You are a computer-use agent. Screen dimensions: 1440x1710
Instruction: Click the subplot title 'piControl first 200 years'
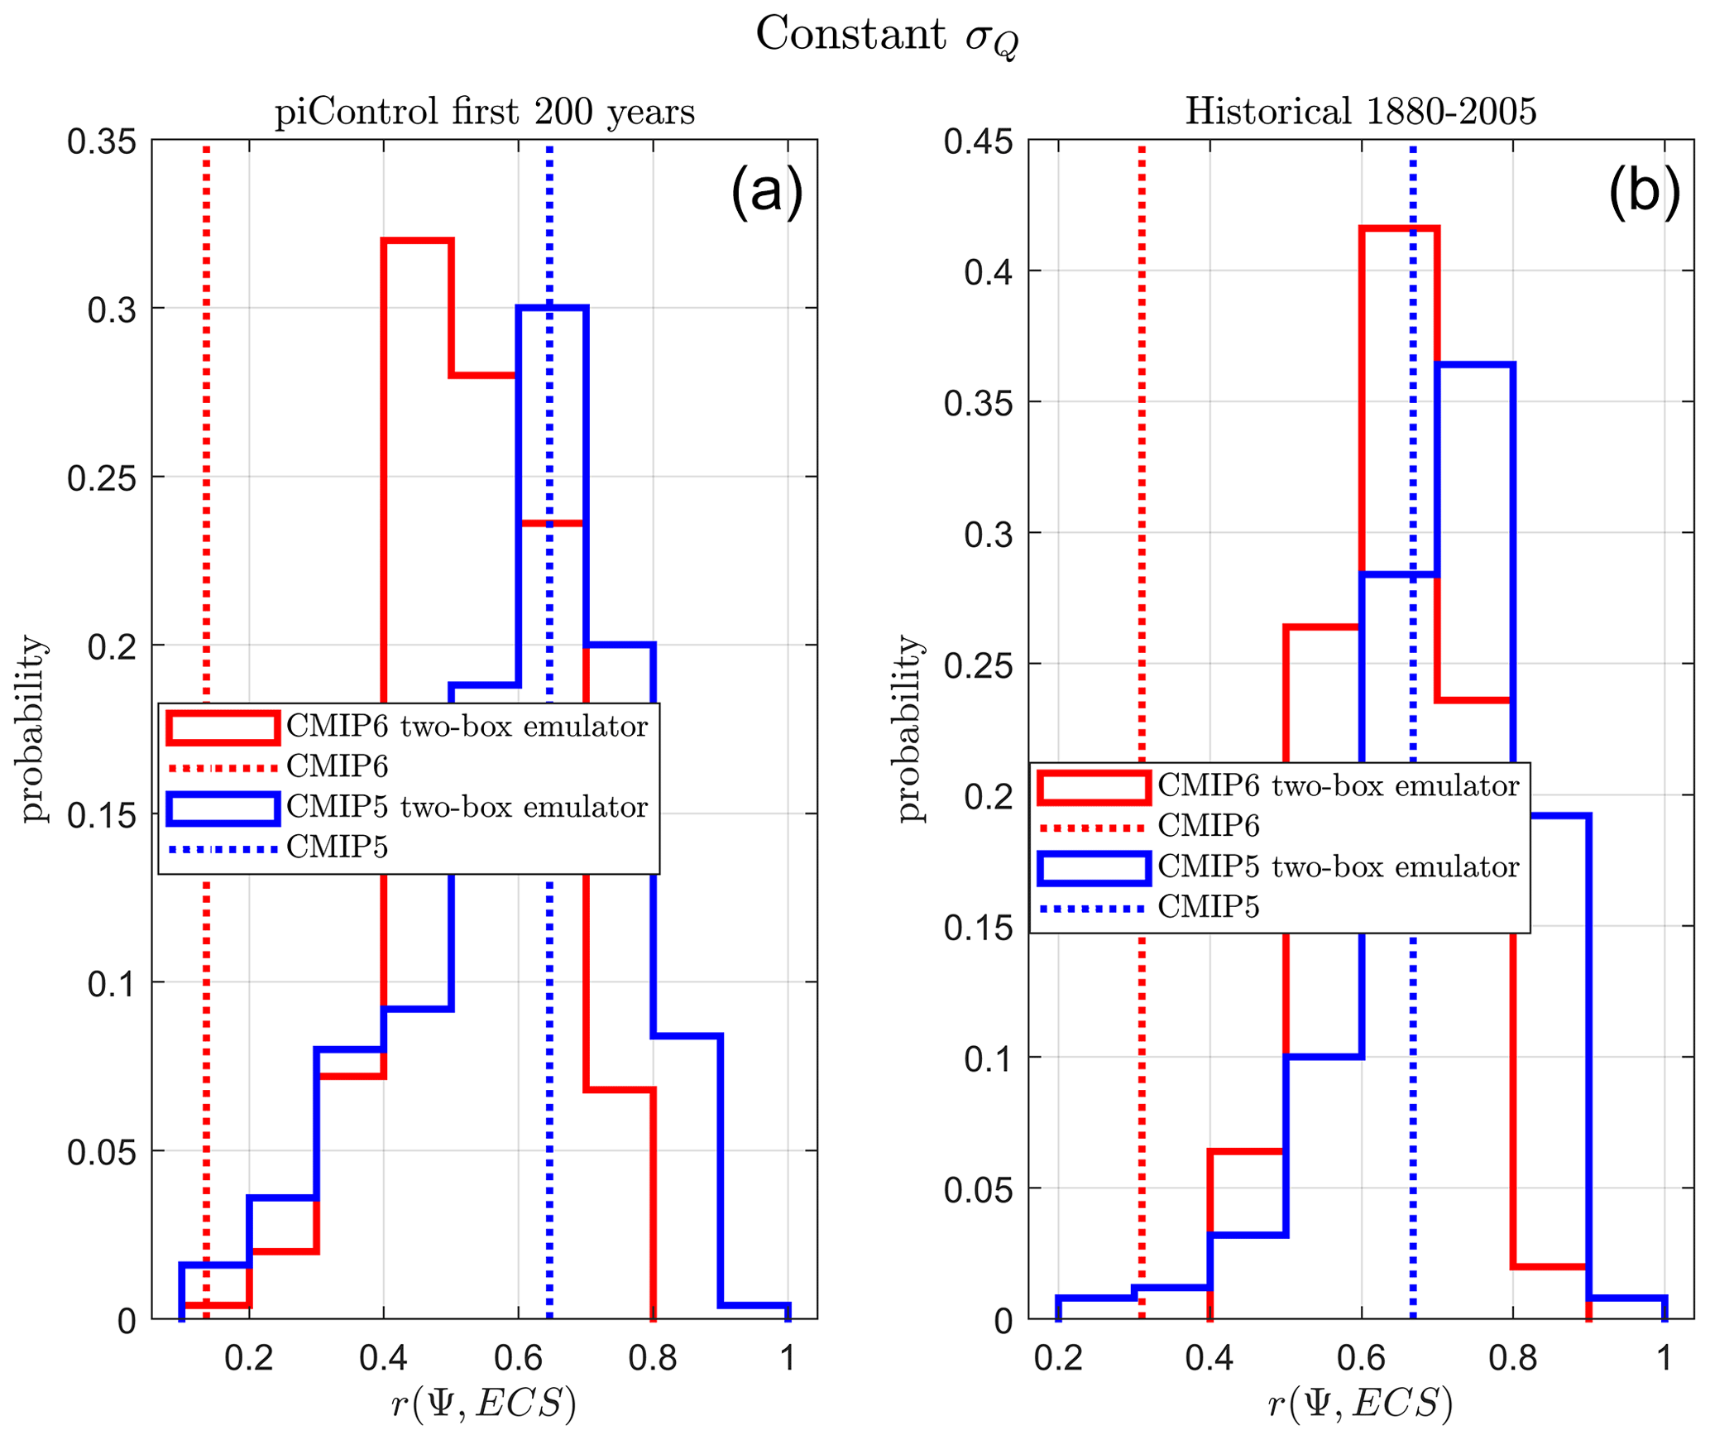tap(485, 112)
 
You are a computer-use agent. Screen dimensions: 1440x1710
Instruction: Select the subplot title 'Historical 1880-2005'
tap(1361, 112)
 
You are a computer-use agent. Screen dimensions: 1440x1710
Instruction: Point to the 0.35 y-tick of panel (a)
tap(102, 142)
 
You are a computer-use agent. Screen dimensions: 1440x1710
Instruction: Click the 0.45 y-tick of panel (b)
tap(979, 142)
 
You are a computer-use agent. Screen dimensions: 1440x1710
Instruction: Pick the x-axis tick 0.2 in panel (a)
tap(249, 1358)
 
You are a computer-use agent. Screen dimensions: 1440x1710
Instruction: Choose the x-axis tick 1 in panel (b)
tap(1664, 1358)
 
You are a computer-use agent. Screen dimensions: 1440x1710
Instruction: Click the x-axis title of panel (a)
tap(484, 1404)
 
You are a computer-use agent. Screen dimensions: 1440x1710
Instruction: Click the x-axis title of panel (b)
tap(1360, 1404)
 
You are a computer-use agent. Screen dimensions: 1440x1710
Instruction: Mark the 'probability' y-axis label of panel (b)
tap(909, 728)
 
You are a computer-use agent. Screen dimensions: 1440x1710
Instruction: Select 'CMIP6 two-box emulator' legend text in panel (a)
tap(467, 727)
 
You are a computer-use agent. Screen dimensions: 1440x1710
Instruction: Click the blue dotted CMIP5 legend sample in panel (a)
tap(223, 849)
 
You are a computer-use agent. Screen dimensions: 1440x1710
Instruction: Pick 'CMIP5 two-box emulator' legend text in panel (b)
tap(1339, 867)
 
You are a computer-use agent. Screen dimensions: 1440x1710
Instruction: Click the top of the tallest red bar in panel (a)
tap(418, 241)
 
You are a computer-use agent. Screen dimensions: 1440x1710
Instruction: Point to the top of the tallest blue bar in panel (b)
tap(1475, 364)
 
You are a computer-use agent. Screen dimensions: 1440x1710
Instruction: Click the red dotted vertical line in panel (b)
tap(1142, 497)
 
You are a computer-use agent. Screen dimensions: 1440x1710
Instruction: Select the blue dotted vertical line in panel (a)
tap(549, 497)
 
